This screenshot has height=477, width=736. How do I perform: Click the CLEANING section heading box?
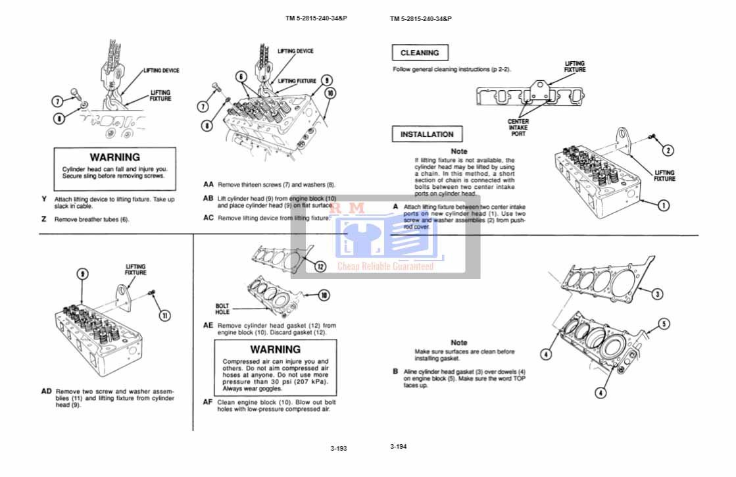pos(420,53)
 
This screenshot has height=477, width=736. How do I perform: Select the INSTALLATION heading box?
pos(427,134)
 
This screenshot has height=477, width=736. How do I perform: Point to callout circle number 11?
pos(164,315)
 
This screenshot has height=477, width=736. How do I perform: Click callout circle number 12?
pos(320,266)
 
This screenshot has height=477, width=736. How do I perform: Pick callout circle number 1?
pos(664,205)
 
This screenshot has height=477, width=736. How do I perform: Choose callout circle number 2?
pos(667,150)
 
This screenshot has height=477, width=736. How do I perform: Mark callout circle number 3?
pos(656,293)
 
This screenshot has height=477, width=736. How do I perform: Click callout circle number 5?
pos(664,324)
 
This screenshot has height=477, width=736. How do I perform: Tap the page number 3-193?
pos(339,448)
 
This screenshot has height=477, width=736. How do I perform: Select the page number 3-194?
pos(398,446)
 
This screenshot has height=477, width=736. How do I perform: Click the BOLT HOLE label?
pos(222,309)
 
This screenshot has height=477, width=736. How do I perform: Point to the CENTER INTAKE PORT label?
pos(518,128)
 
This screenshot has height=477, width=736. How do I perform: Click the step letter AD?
pos(46,391)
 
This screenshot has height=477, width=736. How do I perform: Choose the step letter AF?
pos(208,402)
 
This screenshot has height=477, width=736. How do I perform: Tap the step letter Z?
pos(43,219)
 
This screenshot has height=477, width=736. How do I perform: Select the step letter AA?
pos(208,185)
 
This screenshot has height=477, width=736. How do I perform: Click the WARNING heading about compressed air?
pos(275,349)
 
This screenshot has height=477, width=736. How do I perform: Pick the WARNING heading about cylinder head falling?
pos(114,157)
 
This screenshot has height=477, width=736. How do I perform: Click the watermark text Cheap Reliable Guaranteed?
pos(385,266)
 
